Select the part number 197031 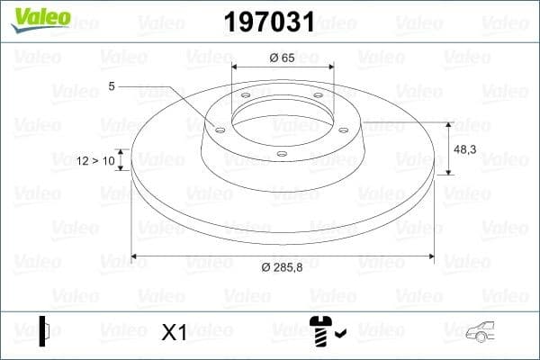(x=269, y=19)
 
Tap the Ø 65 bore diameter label (x=283, y=58)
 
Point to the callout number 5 (x=112, y=86)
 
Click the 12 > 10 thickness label (x=96, y=160)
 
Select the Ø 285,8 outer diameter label (x=282, y=267)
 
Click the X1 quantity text (x=173, y=333)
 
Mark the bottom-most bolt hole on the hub (x=282, y=154)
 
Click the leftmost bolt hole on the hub (x=219, y=127)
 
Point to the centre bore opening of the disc (x=282, y=121)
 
